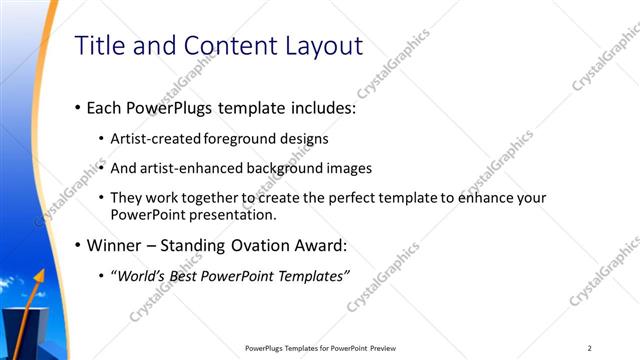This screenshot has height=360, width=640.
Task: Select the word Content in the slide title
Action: pos(222,45)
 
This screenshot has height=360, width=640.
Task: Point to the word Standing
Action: pos(201,245)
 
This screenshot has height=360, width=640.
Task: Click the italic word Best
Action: pos(192,276)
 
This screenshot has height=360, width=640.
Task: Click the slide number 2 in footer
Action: pos(590,348)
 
